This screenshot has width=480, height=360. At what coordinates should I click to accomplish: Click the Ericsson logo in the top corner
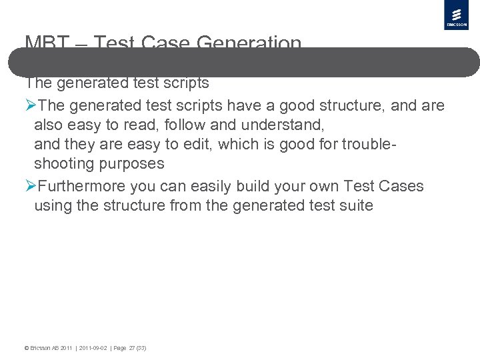[x=457, y=15]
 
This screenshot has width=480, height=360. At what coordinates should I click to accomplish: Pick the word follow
[x=182, y=125]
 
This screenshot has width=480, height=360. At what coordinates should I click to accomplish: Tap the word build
[x=236, y=186]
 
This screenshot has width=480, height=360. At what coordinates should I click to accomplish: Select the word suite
[x=355, y=205]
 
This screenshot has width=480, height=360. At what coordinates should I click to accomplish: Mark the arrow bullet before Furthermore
[x=30, y=186]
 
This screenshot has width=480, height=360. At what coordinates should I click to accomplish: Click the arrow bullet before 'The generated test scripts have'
[x=30, y=105]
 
